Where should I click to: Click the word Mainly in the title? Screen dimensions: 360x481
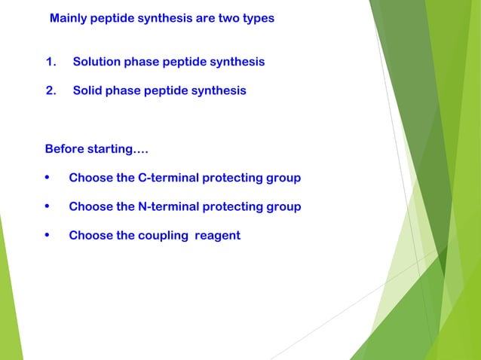coord(69,18)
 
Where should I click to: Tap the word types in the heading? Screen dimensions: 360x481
coord(258,18)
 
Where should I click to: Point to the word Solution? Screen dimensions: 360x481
coord(97,62)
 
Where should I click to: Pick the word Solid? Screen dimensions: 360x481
coord(87,91)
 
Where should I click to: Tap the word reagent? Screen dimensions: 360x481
coord(217,236)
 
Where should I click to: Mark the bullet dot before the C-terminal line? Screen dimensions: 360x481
coord(48,178)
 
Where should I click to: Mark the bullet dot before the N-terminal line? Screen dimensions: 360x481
coord(48,207)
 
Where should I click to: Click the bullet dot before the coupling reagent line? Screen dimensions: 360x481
coord(48,236)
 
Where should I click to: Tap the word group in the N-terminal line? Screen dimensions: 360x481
coord(283,207)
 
